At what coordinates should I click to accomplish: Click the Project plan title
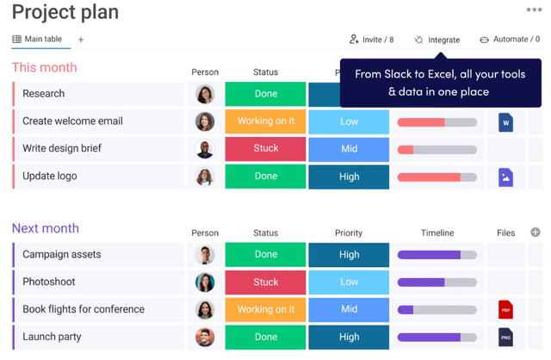click(x=65, y=13)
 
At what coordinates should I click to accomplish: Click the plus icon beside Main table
click(x=81, y=40)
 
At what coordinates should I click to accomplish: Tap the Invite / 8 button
click(x=371, y=40)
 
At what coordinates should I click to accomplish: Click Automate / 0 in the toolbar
click(x=510, y=40)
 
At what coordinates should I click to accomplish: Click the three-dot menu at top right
click(x=534, y=10)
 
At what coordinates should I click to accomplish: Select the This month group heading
click(x=44, y=67)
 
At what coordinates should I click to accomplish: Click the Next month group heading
click(x=45, y=228)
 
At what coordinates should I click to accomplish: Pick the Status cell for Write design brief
click(x=265, y=149)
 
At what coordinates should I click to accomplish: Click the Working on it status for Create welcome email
click(x=265, y=121)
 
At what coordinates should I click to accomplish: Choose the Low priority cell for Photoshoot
click(x=349, y=282)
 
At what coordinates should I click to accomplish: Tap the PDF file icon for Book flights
click(x=505, y=309)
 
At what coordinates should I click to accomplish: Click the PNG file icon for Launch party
click(x=505, y=337)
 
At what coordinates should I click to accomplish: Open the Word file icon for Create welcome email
click(x=505, y=122)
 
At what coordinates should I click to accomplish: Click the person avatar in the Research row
click(x=205, y=94)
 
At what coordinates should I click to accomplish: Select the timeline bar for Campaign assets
click(x=436, y=255)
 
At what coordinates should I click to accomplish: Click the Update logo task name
click(x=50, y=177)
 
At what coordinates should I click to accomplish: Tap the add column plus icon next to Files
click(x=535, y=233)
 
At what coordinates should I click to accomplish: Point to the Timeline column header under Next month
click(x=436, y=233)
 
